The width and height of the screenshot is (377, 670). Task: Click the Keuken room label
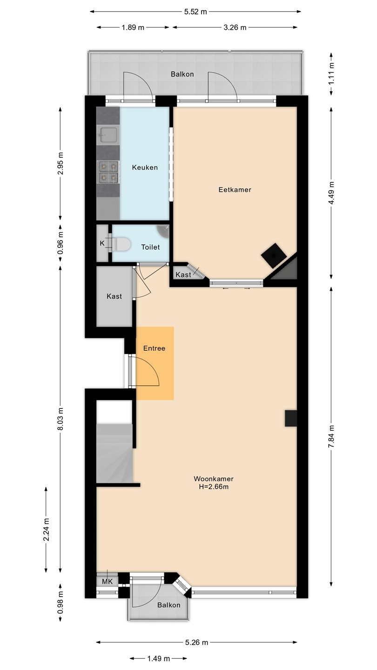tap(145, 167)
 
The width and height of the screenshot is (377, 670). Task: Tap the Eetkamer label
tap(235, 190)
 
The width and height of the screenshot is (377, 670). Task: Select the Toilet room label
tap(150, 247)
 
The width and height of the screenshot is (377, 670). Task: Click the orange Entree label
tap(154, 348)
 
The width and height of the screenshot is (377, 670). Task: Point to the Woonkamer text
tap(214, 479)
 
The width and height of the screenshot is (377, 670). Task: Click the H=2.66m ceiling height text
tap(214, 487)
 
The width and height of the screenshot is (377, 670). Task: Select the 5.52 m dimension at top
tap(195, 12)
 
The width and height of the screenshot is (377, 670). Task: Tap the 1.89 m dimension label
tap(133, 27)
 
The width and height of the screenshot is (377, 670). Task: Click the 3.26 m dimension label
tap(235, 27)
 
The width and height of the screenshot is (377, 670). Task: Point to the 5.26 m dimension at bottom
tap(196, 642)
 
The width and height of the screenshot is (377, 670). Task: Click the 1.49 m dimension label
tap(159, 658)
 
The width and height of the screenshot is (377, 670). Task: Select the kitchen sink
tap(108, 135)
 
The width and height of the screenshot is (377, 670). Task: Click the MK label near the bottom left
tap(107, 581)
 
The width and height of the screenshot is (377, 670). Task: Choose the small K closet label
tap(102, 243)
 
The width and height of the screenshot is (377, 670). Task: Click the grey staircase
tap(114, 453)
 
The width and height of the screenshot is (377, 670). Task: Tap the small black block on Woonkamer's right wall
tap(290, 418)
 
